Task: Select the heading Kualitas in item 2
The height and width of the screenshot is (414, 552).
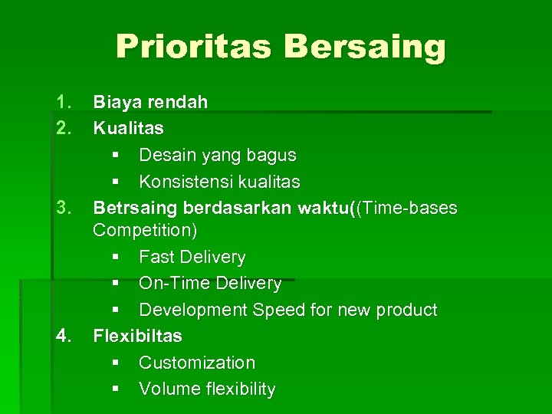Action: click(128, 128)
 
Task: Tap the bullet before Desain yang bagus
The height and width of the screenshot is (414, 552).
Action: click(115, 156)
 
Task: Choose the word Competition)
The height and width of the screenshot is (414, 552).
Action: click(144, 230)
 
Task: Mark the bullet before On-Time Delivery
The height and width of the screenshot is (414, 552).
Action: click(115, 284)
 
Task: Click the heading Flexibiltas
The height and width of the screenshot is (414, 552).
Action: click(137, 336)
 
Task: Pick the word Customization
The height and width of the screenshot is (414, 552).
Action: click(197, 363)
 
